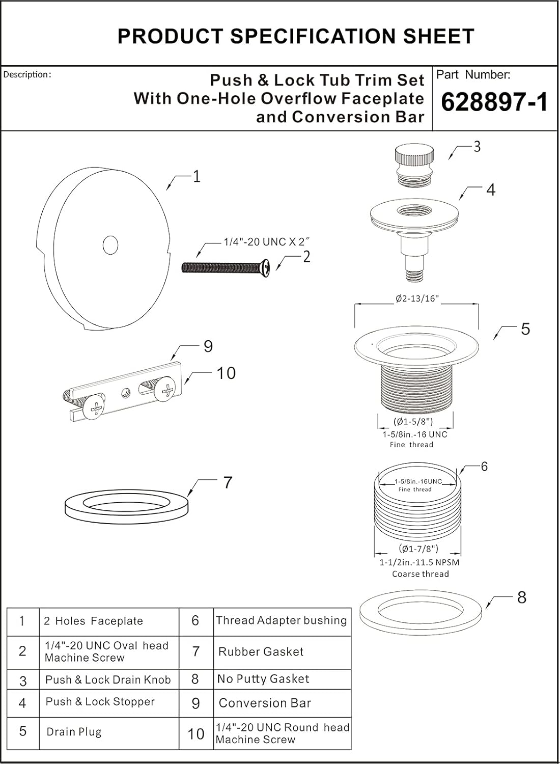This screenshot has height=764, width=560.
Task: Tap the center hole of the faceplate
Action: click(x=110, y=245)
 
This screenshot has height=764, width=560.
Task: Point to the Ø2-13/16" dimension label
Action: click(x=417, y=299)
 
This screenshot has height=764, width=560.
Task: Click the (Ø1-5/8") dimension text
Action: click(x=413, y=421)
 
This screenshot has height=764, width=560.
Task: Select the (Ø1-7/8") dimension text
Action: click(x=418, y=549)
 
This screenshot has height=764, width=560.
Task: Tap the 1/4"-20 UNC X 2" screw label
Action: click(x=267, y=242)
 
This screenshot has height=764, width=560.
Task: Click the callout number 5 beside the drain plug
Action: click(x=525, y=329)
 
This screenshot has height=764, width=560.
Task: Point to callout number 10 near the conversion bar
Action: click(x=226, y=373)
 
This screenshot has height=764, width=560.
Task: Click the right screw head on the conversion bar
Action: click(x=167, y=391)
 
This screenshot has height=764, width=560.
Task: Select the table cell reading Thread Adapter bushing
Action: click(x=282, y=620)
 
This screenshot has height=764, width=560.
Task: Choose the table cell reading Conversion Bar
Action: click(x=265, y=703)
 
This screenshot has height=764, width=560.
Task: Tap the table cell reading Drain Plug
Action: click(x=74, y=732)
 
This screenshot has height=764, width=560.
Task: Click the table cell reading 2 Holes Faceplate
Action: click(x=93, y=621)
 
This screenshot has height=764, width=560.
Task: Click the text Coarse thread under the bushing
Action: click(x=421, y=574)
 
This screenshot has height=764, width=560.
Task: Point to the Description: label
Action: click(x=27, y=74)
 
